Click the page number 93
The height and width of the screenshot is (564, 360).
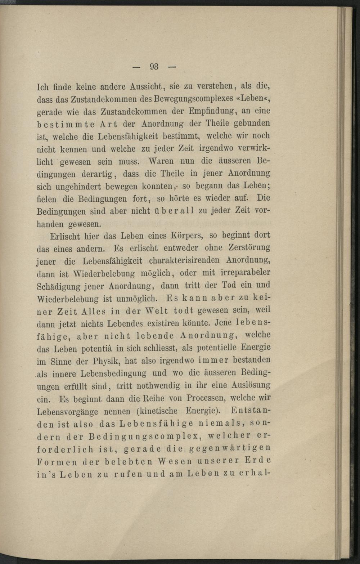click(154, 67)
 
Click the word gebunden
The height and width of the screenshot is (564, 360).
click(252, 123)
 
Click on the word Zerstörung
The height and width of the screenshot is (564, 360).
click(248, 248)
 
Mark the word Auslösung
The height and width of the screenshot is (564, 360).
click(251, 385)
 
